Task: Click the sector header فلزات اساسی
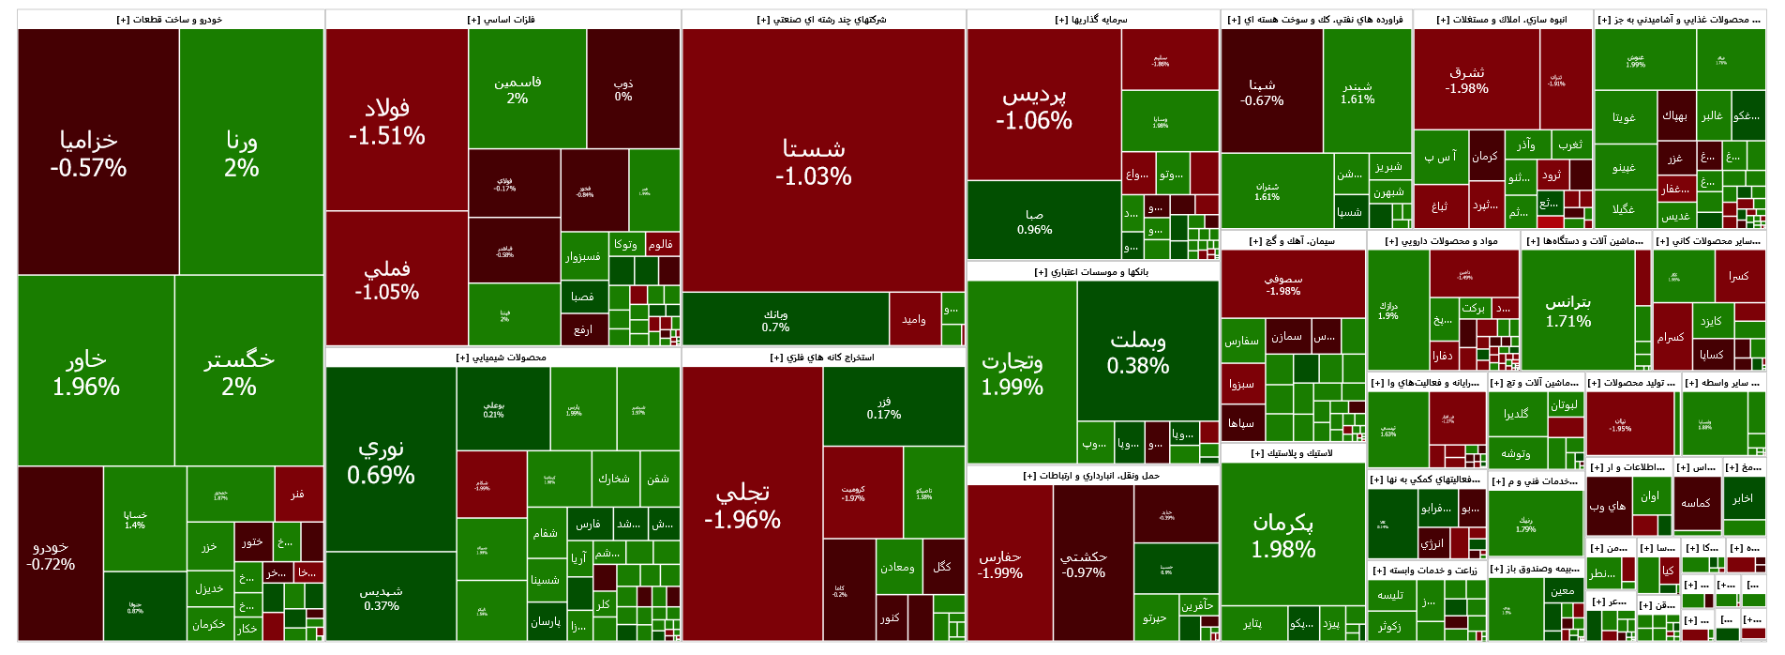[x=502, y=20]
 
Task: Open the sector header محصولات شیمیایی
[x=502, y=358]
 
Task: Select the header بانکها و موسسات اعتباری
[x=1091, y=272]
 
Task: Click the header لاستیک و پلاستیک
[x=1292, y=453]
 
